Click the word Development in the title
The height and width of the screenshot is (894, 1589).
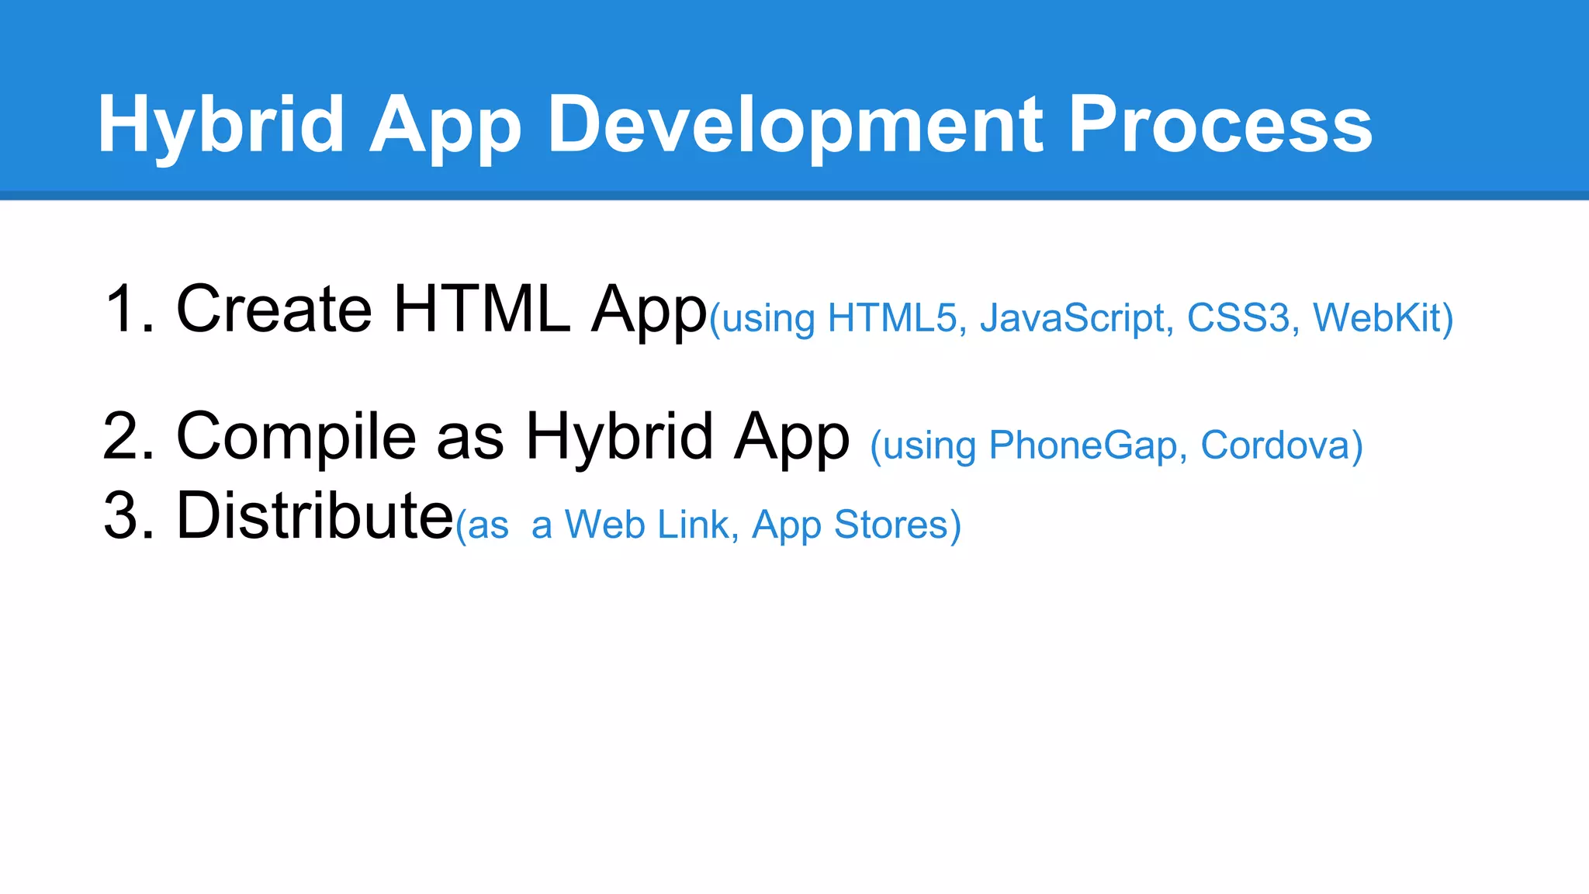[x=796, y=124]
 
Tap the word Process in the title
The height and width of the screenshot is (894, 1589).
[x=1220, y=124]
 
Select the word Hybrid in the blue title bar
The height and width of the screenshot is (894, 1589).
[x=220, y=124]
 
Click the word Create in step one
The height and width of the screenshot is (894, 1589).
[x=275, y=309]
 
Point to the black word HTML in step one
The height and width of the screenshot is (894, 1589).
[x=481, y=309]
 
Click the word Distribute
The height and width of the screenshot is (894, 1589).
[x=315, y=515]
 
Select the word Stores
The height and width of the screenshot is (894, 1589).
[x=896, y=525]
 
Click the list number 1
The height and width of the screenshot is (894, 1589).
[x=124, y=309]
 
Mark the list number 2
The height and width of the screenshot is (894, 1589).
[x=124, y=436]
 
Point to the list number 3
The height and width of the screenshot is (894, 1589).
[x=124, y=515]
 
